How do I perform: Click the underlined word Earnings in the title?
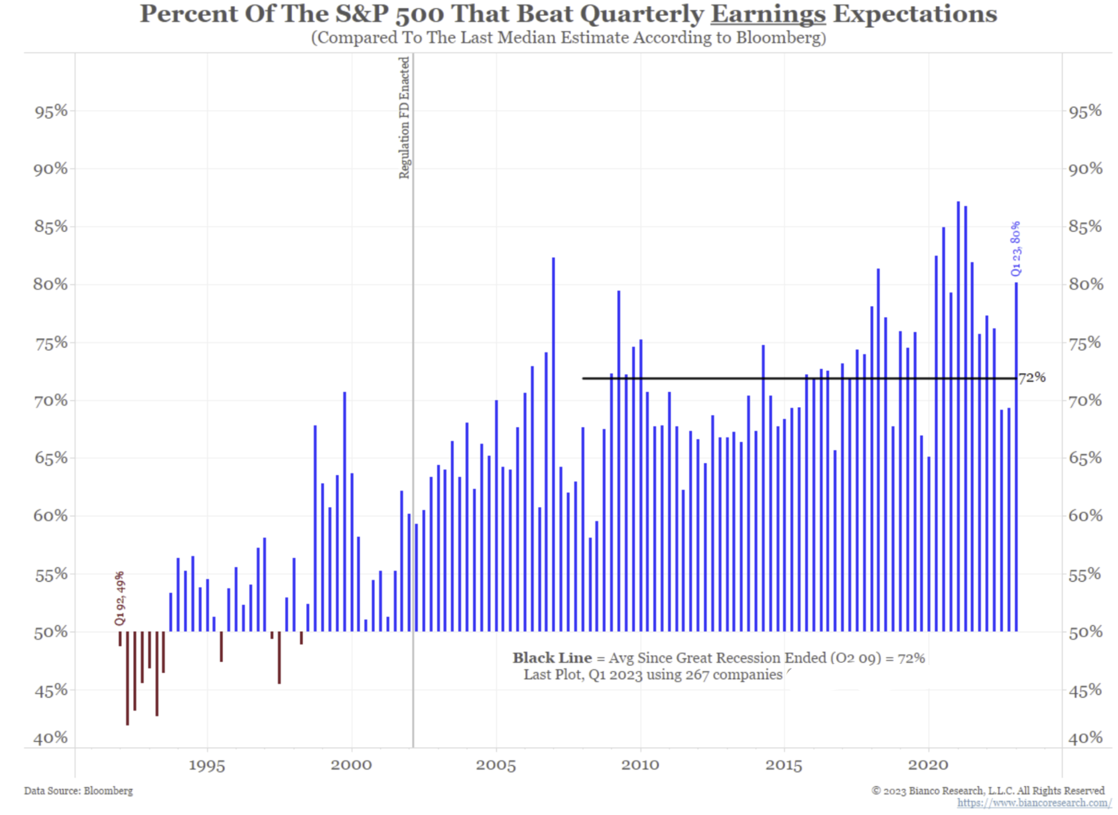(x=768, y=14)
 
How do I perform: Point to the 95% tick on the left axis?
(x=51, y=111)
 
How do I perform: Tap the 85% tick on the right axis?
(x=1085, y=227)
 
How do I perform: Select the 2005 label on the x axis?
(x=496, y=765)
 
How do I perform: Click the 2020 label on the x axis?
(x=928, y=765)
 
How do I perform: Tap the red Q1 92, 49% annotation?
(x=120, y=598)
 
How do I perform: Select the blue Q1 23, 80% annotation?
(x=1016, y=249)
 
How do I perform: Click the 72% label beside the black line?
(x=1032, y=378)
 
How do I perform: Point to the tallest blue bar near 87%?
(x=958, y=414)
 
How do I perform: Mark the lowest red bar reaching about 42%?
(x=127, y=678)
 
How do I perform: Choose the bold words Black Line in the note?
(x=552, y=658)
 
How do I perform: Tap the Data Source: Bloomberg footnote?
(x=78, y=791)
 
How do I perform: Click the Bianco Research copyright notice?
(x=988, y=791)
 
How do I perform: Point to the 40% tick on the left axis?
(x=51, y=738)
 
